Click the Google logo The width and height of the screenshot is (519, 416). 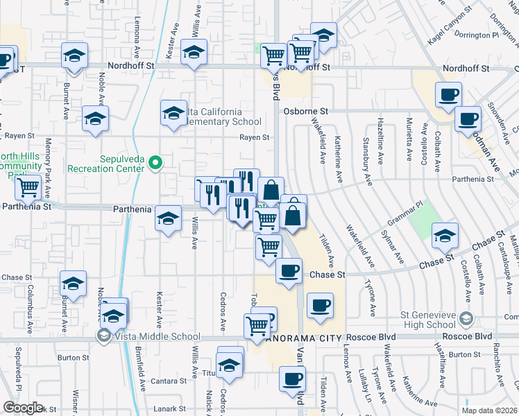pos(23,408)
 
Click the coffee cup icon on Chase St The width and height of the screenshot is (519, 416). pos(289,270)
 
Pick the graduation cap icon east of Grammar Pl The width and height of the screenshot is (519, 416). pos(445,236)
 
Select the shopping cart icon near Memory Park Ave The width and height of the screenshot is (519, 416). pos(28,186)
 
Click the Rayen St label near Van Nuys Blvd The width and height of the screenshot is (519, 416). pos(254,137)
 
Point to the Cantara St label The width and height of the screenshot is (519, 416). pos(170,381)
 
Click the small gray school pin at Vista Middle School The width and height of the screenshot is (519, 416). pos(104,336)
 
